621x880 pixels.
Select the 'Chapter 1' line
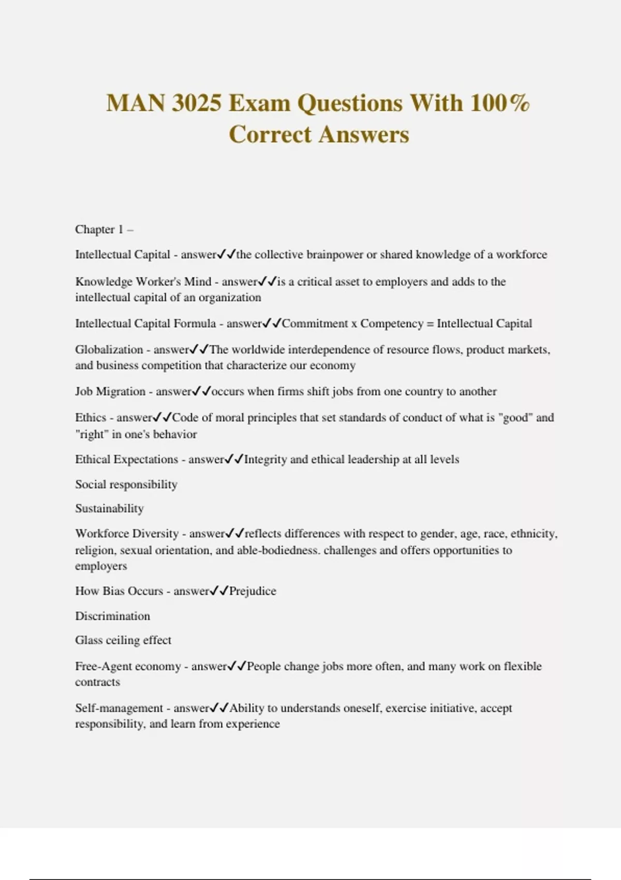point(104,229)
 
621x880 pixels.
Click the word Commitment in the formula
point(315,324)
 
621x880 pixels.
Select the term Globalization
point(109,349)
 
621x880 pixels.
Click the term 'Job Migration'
point(110,391)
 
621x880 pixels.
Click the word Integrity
point(265,459)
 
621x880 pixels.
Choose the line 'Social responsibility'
point(126,485)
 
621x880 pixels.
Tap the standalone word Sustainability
point(109,508)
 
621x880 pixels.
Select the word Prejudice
point(253,591)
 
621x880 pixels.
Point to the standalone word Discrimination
point(112,616)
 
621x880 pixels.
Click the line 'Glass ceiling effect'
point(123,640)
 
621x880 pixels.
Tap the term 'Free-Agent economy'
point(128,666)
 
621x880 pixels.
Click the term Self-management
point(119,708)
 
